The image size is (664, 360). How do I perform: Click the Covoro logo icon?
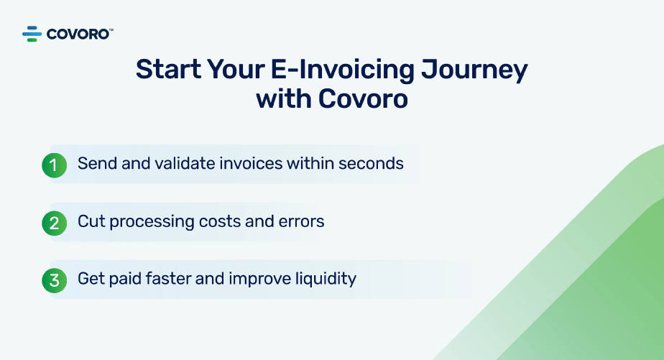(32, 34)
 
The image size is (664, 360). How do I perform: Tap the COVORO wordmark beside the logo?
(80, 34)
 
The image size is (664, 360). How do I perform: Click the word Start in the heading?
(169, 69)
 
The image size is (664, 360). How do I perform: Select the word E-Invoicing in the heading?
(342, 70)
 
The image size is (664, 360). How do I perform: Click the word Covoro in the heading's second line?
(363, 99)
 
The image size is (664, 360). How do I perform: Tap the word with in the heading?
(284, 98)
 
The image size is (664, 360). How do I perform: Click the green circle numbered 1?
(54, 165)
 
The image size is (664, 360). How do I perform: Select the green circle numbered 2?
(54, 223)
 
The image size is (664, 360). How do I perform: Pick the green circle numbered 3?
(54, 280)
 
